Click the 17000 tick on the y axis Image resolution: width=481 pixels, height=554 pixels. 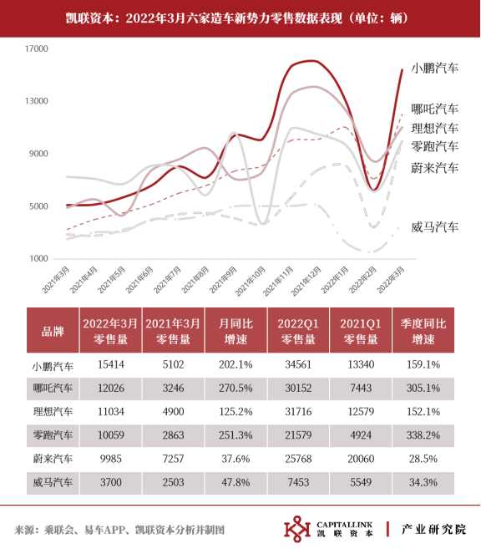pos(37,48)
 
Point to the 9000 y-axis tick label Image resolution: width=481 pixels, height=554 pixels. pos(38,154)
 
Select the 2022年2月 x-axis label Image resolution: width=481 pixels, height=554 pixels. pos(363,280)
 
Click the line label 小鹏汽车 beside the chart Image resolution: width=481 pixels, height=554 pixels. pos(435,68)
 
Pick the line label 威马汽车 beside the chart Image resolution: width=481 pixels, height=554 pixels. pos(435,226)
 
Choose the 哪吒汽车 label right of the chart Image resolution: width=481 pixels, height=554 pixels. pos(435,109)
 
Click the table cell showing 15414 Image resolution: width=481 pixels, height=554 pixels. pos(111,364)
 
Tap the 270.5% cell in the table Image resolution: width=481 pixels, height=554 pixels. pos(235,389)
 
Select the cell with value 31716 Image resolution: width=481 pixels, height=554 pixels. pos(298,412)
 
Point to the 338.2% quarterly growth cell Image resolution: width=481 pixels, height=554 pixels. pos(423,435)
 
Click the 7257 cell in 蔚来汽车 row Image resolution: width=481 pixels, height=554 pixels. pos(173,459)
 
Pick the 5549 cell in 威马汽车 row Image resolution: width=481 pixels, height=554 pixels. pos(361,482)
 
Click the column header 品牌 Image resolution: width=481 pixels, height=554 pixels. pos(53,331)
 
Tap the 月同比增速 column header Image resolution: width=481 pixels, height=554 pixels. pos(235,331)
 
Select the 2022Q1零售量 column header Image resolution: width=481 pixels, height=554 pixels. pos(298,331)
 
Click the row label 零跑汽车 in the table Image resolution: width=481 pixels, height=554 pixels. pos(53,435)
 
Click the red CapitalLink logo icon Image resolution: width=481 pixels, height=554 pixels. pos(297,529)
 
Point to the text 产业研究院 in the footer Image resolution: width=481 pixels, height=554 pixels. pos(433,529)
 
